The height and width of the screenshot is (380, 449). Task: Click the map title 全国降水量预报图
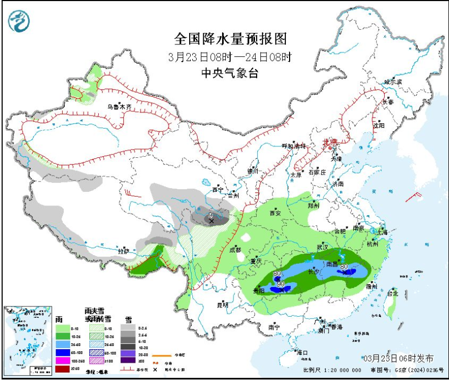pyautogui.click(x=230, y=39)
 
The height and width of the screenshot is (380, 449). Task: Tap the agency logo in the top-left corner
pyautogui.click(x=19, y=21)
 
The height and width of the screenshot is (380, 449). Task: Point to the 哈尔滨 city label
pyautogui.click(x=393, y=82)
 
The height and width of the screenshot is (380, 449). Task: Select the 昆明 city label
pyautogui.click(x=223, y=305)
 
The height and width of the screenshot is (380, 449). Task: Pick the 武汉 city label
pyautogui.click(x=323, y=246)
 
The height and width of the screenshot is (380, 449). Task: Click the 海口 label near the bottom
pyautogui.click(x=302, y=352)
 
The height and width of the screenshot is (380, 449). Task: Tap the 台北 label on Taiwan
pyautogui.click(x=392, y=294)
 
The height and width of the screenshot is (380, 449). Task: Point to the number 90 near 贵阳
pyautogui.click(x=280, y=284)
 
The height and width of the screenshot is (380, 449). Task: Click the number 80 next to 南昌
pyautogui.click(x=343, y=265)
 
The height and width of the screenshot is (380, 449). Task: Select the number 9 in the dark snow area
pyautogui.click(x=210, y=215)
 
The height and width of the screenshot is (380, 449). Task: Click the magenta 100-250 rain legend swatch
pyautogui.click(x=63, y=359)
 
